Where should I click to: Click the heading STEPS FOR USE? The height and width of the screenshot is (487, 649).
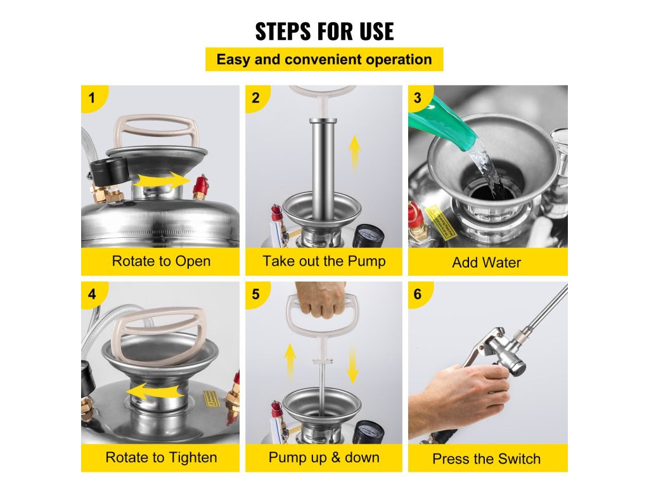point(324,32)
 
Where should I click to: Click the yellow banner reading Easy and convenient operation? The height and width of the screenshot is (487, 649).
point(324,59)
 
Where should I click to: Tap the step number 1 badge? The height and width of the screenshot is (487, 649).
point(93,98)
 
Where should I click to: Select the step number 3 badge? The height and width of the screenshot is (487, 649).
point(418,98)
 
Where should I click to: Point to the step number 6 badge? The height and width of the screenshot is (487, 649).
point(418,294)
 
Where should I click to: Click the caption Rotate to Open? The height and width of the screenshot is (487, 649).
point(161,261)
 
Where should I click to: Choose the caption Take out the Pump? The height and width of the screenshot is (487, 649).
point(324,261)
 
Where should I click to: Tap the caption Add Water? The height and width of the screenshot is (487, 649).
point(486,263)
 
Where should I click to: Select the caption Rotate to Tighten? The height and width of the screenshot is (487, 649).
point(161,458)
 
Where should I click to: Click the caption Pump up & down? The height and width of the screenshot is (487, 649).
point(324,458)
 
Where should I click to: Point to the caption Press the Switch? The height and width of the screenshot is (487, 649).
point(486,459)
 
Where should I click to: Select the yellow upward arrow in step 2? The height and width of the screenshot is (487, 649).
point(354,153)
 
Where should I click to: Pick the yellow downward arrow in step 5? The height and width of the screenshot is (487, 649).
point(352,365)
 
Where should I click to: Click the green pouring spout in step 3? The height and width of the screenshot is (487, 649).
point(443,124)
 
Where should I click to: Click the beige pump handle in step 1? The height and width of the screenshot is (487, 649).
point(157,131)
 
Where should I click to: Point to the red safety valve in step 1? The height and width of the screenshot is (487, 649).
point(200,187)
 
